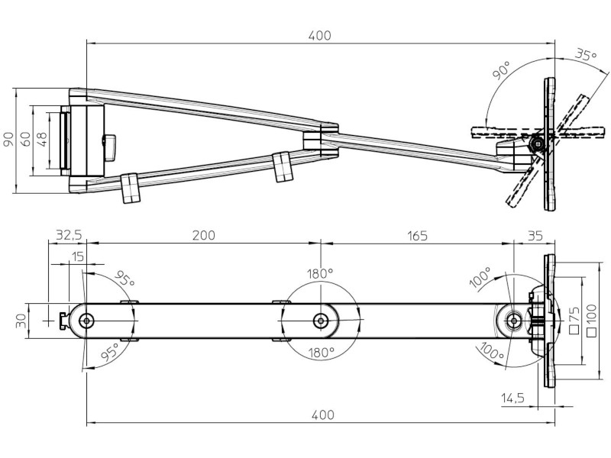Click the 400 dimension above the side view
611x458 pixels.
pyautogui.click(x=320, y=35)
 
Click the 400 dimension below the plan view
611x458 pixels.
pyautogui.click(x=322, y=414)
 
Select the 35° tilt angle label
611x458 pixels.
pyautogui.click(x=584, y=55)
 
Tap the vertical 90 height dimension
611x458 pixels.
pyautogui.click(x=8, y=139)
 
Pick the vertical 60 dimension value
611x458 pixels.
pyautogui.click(x=25, y=139)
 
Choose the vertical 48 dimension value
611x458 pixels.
pyautogui.click(x=42, y=139)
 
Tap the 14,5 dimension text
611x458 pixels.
pyautogui.click(x=513, y=398)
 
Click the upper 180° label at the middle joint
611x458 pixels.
pyautogui.click(x=321, y=273)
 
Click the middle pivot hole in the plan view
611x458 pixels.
pyautogui.click(x=321, y=321)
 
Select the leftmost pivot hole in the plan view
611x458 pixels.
pyautogui.click(x=87, y=321)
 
